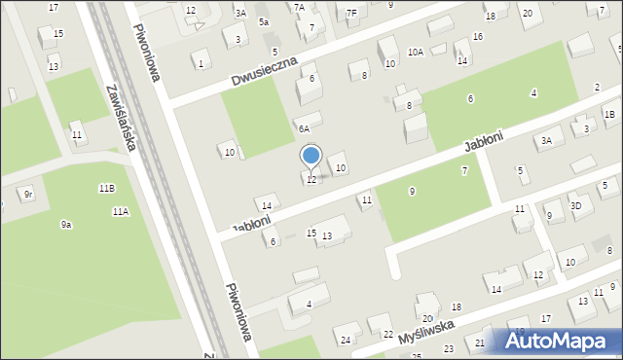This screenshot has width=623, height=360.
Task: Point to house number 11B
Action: coord(106,187)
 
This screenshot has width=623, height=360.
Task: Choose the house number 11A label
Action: coord(121,211)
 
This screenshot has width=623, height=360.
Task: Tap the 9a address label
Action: coord(66,225)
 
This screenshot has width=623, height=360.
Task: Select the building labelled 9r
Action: coord(29,195)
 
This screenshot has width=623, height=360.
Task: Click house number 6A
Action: coord(304,127)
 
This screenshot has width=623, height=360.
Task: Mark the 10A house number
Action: coord(416,52)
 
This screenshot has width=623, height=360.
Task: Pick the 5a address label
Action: coord(264,21)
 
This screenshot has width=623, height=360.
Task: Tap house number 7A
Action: coord(299,7)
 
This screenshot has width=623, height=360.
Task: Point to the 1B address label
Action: coord(609,115)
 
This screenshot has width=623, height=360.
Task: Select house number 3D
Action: coord(576,205)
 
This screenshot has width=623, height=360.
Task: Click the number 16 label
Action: coord(477,37)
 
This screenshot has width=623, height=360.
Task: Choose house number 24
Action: coord(346,340)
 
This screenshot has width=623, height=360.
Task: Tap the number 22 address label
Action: coord(387,334)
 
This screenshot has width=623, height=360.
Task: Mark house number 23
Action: coord(449,348)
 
